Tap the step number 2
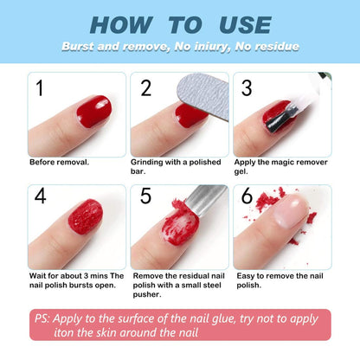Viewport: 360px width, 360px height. click(x=145, y=87)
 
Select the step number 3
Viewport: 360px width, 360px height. click(x=246, y=87)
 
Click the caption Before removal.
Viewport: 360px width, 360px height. click(x=59, y=162)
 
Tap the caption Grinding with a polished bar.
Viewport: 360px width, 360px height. click(x=177, y=166)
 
